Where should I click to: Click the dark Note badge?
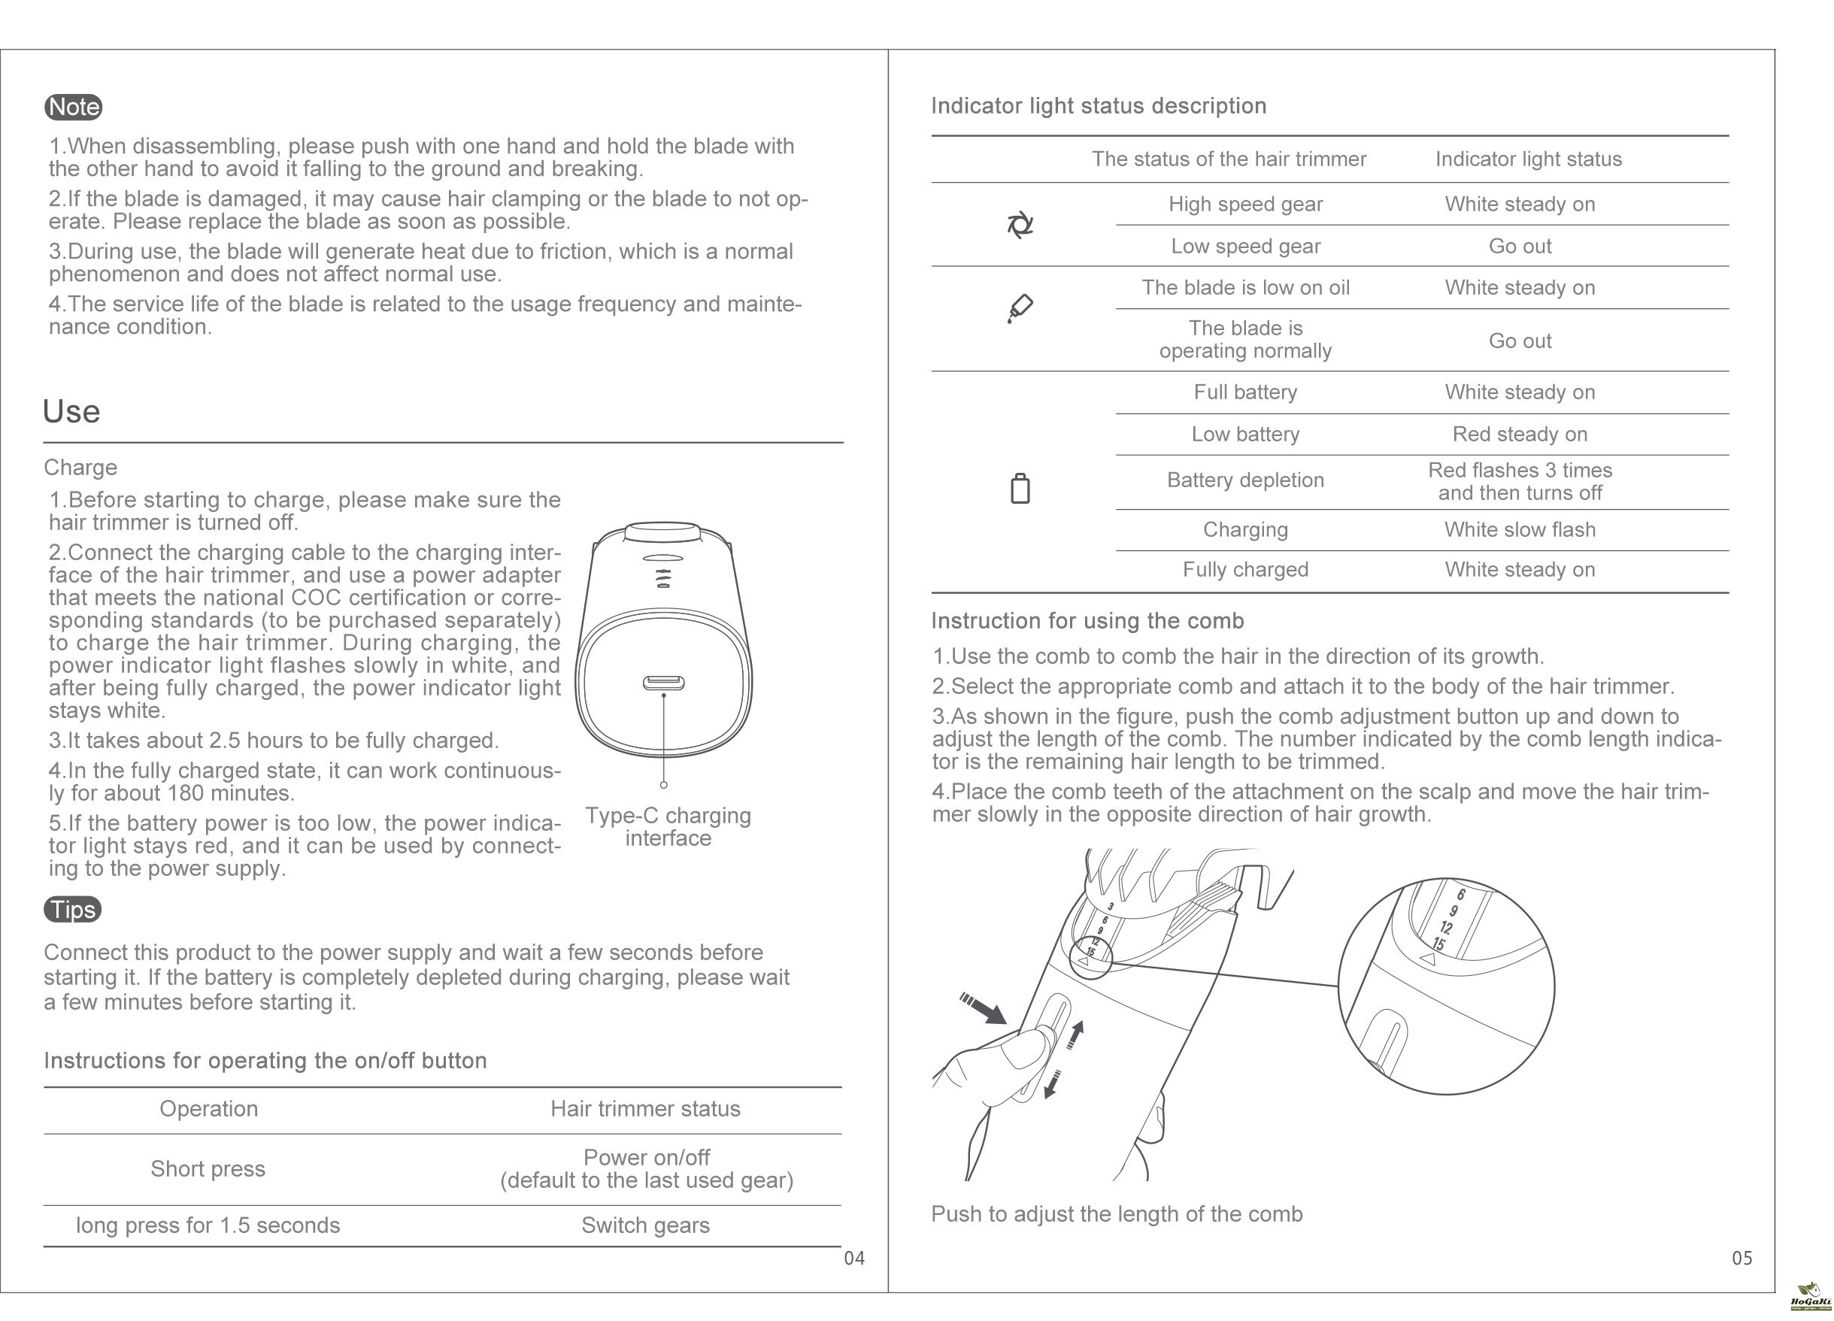click(73, 107)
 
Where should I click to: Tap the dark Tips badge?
click(73, 910)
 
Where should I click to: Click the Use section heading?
click(71, 411)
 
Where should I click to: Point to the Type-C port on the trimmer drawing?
click(663, 683)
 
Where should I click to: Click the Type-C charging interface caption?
click(668, 826)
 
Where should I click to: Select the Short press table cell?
click(208, 1169)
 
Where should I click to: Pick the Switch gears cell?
click(645, 1226)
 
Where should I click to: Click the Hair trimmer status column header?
click(645, 1108)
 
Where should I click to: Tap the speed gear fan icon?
click(1020, 225)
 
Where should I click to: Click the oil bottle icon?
click(1020, 308)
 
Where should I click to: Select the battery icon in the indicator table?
click(1020, 488)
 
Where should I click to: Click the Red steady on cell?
click(1520, 434)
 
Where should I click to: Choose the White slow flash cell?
click(1520, 529)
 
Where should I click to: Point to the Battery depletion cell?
click(1245, 480)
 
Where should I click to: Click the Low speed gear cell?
click(1245, 246)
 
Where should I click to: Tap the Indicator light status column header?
click(1528, 159)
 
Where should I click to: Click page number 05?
click(1742, 1258)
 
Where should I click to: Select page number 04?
click(854, 1258)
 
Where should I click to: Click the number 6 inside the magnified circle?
click(1460, 895)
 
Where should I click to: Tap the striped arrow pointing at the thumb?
click(984, 1008)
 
